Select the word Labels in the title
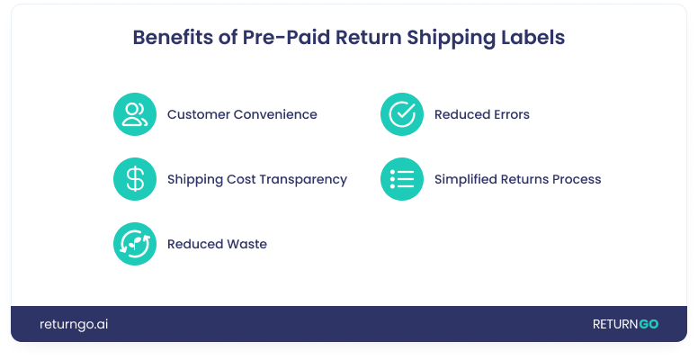pos(532,39)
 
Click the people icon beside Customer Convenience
pos(135,114)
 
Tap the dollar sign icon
pos(135,179)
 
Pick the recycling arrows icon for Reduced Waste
pos(135,244)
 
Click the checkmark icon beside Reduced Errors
pos(401,114)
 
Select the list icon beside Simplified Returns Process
pos(401,179)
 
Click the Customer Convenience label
pos(242,115)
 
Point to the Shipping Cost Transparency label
pos(256,180)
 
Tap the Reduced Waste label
pos(217,245)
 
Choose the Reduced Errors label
pos(481,115)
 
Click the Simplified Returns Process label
pos(517,180)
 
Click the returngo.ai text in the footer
pos(74,324)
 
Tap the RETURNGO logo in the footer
pos(624,324)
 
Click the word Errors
pos(509,115)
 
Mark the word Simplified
pos(465,180)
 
